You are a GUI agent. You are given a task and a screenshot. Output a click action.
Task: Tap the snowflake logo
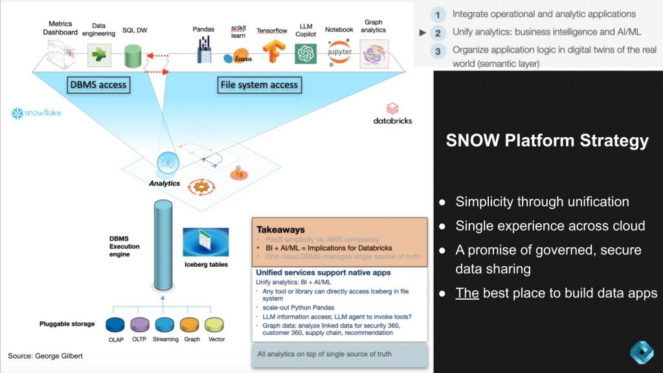[x=36, y=113]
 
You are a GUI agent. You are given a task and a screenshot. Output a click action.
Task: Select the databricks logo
[x=392, y=114]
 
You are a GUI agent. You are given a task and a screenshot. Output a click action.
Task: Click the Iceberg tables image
[x=205, y=242]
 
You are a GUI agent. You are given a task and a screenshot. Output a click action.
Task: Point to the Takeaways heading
[x=280, y=229]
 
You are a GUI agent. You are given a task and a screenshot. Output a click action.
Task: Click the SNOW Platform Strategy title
[x=547, y=141]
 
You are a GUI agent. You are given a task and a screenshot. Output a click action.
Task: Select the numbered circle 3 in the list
[x=438, y=51]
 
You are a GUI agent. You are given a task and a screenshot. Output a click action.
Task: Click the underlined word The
[x=467, y=293]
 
